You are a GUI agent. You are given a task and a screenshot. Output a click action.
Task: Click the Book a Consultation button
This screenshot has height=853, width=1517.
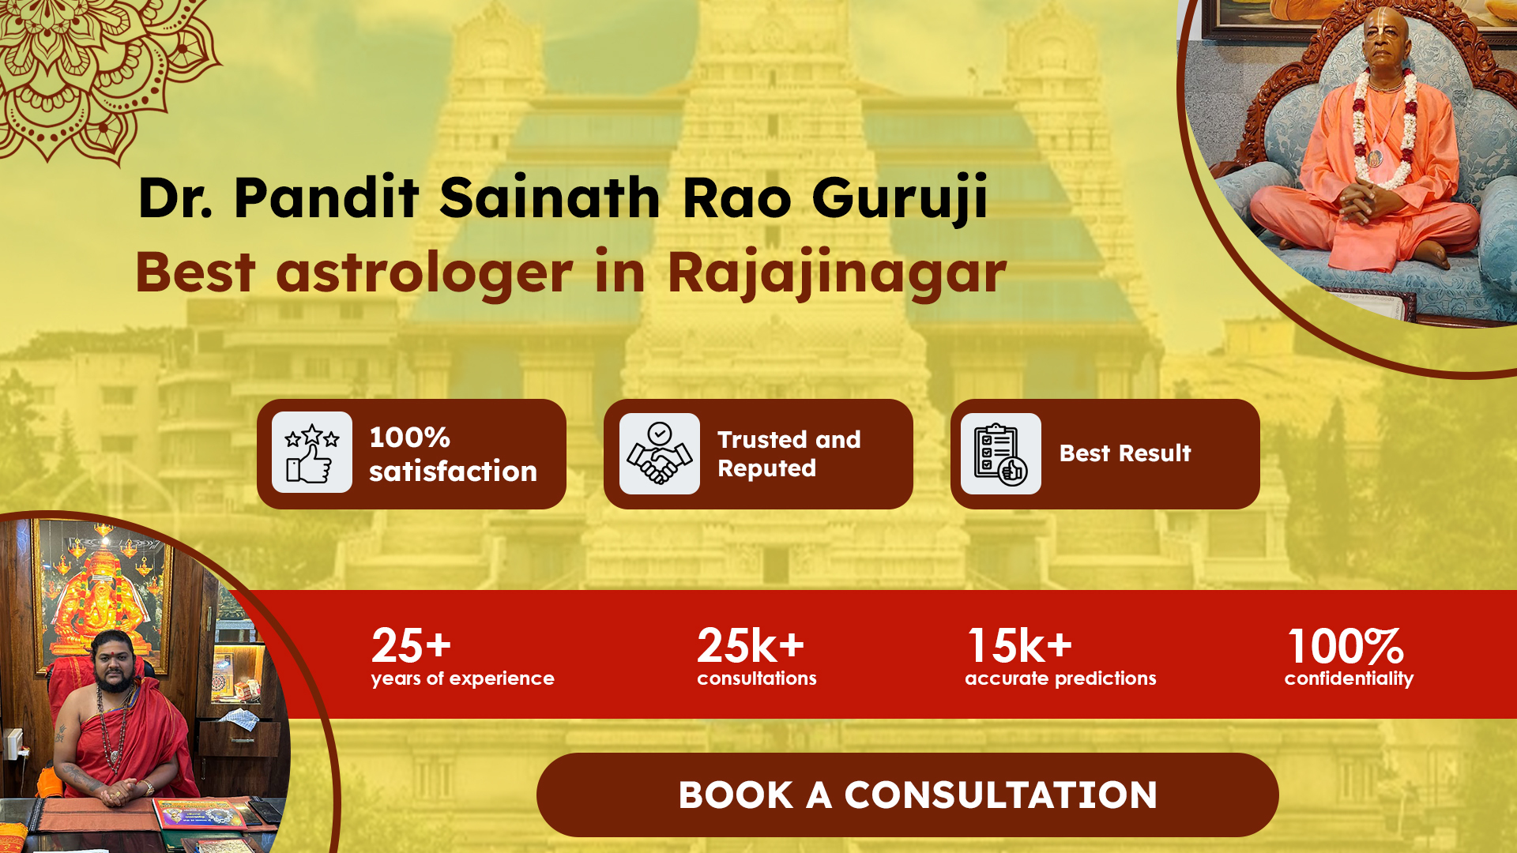[x=907, y=795]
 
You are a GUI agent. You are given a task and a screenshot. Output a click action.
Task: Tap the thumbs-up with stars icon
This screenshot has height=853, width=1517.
[x=312, y=453]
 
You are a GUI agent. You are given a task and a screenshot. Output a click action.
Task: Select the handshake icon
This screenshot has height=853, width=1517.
[x=660, y=453]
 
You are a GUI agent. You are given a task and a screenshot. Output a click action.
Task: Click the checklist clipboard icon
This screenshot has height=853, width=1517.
[x=1001, y=453]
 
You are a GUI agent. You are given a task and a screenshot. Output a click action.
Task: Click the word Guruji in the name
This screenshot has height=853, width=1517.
[x=900, y=197]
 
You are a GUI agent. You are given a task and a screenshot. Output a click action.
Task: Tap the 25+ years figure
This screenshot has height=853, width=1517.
[x=411, y=645]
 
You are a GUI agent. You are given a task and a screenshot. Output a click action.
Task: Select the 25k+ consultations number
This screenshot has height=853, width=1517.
[x=751, y=645]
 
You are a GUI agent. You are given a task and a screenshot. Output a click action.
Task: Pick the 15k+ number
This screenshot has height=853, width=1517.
[x=1020, y=645]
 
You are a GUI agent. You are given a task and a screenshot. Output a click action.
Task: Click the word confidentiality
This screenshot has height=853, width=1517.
[x=1349, y=678]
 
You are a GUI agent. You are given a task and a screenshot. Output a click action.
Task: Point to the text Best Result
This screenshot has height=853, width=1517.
[x=1125, y=453]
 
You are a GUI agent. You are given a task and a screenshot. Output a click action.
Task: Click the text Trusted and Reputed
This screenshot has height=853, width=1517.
[x=789, y=453]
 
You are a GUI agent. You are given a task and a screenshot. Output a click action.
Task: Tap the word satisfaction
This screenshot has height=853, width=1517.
[x=453, y=472]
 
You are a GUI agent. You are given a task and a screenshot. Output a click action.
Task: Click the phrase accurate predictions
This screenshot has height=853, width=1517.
[x=1060, y=678]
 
